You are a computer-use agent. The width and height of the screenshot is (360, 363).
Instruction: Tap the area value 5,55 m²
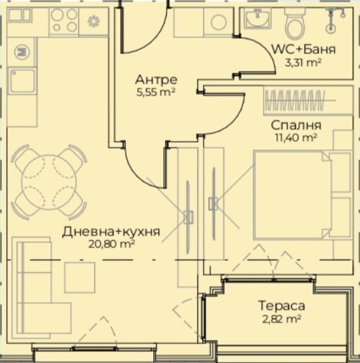point(155,92)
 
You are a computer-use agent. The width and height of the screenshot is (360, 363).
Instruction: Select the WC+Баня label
point(304,50)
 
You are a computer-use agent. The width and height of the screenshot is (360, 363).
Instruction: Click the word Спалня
point(296,125)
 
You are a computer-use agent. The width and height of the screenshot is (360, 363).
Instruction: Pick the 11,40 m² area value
point(295,138)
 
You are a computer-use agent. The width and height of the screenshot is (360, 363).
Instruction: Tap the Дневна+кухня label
point(111,232)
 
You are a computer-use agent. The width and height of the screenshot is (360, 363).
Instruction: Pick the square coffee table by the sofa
point(80,278)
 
